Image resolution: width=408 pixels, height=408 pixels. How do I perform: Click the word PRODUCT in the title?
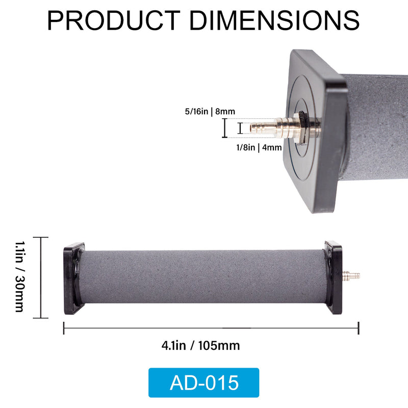point(113,20)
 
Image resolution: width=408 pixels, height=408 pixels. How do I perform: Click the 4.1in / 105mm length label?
point(200,346)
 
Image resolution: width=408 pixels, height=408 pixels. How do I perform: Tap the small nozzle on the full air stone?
point(351,276)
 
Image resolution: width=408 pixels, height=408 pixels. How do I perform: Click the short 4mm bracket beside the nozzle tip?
point(240,127)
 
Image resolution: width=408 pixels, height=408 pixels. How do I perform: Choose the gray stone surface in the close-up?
point(377,127)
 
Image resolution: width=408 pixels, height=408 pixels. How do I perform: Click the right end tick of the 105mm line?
point(359,328)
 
